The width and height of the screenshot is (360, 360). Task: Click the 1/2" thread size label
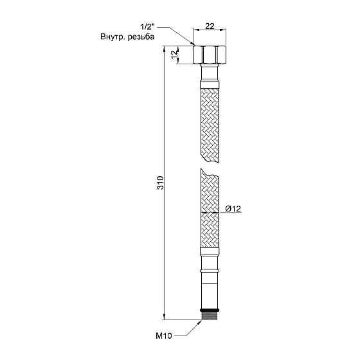[147, 28]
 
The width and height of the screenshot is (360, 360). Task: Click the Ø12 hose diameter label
[233, 208]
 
